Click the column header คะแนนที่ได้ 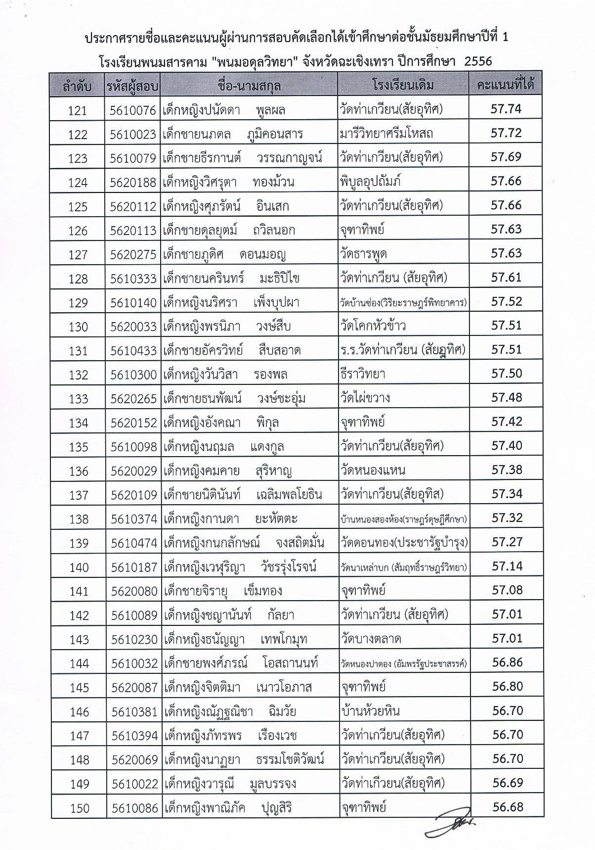coord(505,85)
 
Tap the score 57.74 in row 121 coord(506,109)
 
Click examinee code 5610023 coord(133,134)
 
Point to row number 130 coord(78,327)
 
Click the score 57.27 coord(507,542)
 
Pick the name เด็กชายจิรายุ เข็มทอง coord(222,591)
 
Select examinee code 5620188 coord(133,182)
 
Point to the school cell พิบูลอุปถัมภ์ coord(371,181)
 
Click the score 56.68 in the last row coord(508,807)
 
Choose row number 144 coord(79,663)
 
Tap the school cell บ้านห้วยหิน coord(370,711)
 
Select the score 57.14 coord(507,566)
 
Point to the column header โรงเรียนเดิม coord(403,85)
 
